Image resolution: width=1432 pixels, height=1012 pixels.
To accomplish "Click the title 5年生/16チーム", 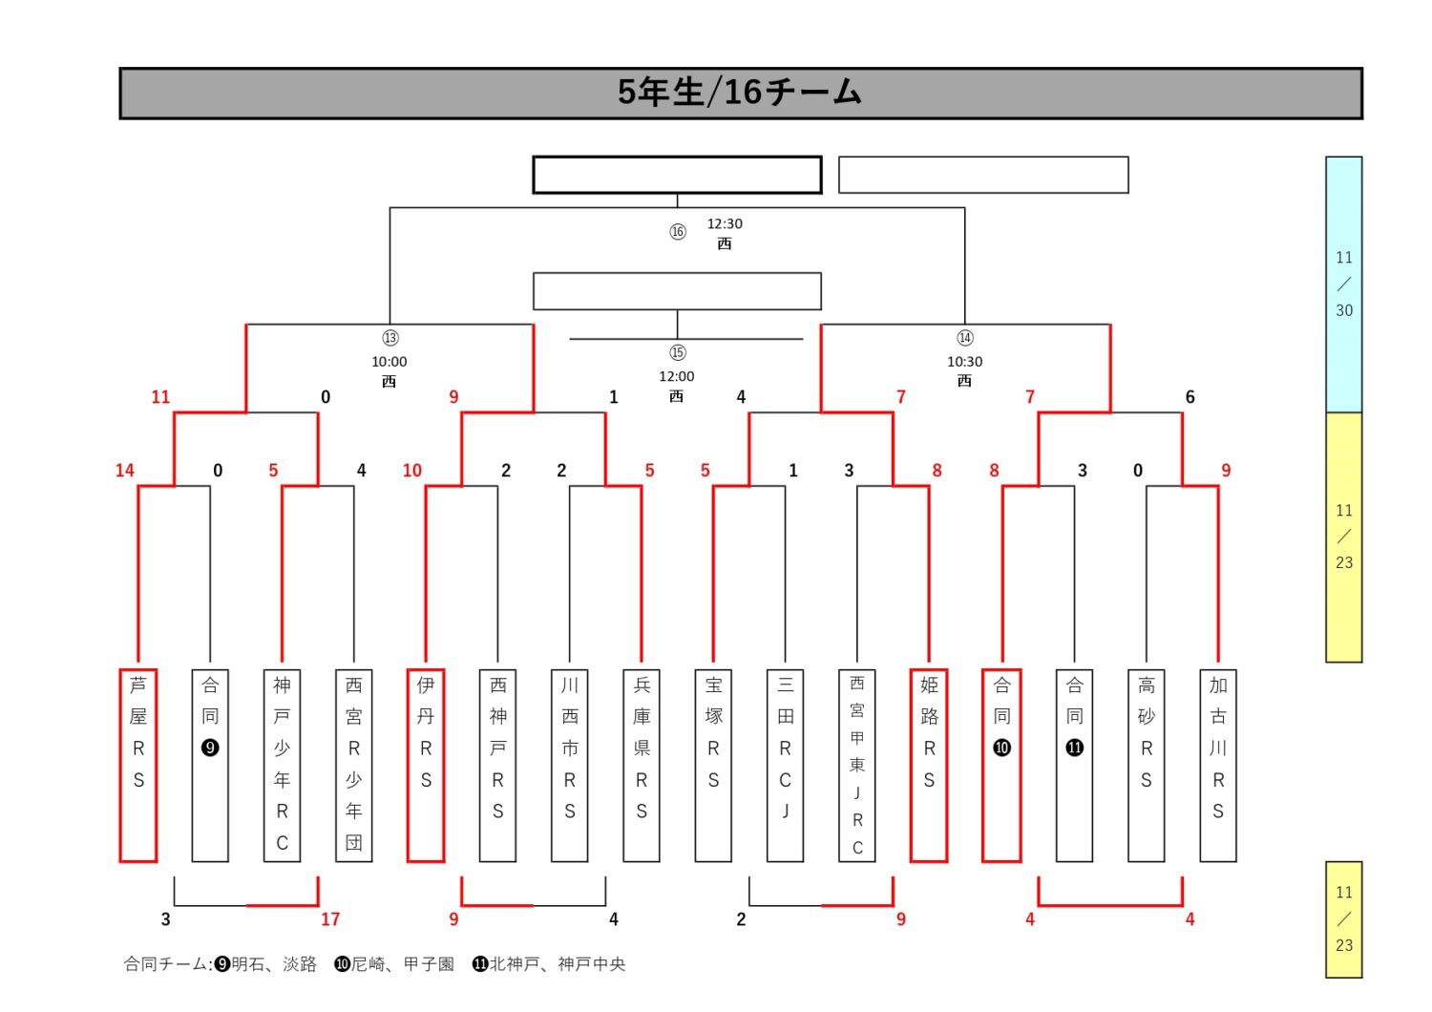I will pyautogui.click(x=740, y=93).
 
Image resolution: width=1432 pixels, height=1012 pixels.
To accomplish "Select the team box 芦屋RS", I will pyautogui.click(x=138, y=765).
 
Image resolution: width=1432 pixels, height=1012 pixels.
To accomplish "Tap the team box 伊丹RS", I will pyautogui.click(x=426, y=765).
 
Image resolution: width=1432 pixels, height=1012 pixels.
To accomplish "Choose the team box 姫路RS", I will pyautogui.click(x=929, y=765).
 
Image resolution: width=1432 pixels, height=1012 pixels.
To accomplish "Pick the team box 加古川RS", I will pyautogui.click(x=1218, y=765).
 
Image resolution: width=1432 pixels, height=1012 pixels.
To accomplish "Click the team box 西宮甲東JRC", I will pyautogui.click(x=857, y=765).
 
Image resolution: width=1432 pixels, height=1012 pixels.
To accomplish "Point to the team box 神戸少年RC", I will pyautogui.click(x=282, y=765).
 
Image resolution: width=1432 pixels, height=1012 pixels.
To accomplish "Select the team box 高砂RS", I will pyautogui.click(x=1147, y=765).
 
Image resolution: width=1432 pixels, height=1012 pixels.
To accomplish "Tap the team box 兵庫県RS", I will pyautogui.click(x=642, y=765).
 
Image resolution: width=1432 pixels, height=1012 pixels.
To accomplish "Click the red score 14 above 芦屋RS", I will pyautogui.click(x=125, y=471).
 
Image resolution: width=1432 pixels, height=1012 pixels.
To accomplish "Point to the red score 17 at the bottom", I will pyautogui.click(x=330, y=919).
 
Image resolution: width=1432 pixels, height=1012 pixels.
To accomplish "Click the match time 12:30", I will pyautogui.click(x=725, y=224).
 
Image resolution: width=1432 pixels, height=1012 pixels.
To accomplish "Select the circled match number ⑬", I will pyautogui.click(x=390, y=339).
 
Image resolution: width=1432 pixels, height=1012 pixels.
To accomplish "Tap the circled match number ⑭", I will pyautogui.click(x=965, y=339).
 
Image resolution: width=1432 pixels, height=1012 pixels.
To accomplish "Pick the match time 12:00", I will pyautogui.click(x=677, y=377).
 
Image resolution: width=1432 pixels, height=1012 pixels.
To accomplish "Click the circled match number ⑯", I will pyautogui.click(x=678, y=232).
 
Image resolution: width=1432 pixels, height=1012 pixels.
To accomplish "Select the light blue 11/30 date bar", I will pyautogui.click(x=1344, y=285).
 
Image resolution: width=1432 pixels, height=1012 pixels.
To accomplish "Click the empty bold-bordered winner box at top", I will pyautogui.click(x=677, y=176).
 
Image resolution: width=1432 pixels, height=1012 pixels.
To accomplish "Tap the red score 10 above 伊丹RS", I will pyautogui.click(x=412, y=471).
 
